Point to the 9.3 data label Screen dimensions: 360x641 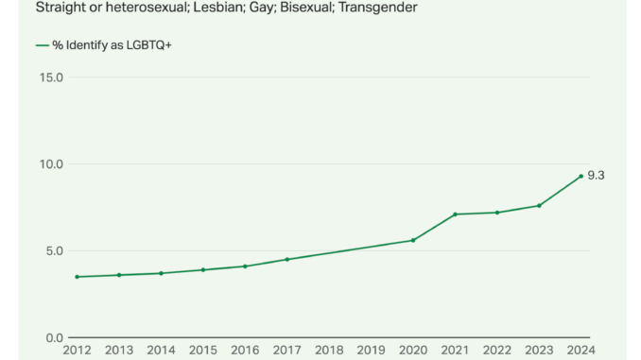pyautogui.click(x=596, y=176)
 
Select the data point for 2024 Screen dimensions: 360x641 pyautogui.click(x=580, y=176)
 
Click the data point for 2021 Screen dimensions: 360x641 pyautogui.click(x=455, y=214)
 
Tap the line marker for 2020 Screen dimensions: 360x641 pyautogui.click(x=413, y=240)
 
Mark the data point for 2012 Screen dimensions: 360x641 pyautogui.click(x=77, y=277)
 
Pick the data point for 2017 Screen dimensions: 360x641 pyautogui.click(x=286, y=259)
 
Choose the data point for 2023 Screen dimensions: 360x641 pyautogui.click(x=539, y=205)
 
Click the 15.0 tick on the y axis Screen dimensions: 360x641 pyautogui.click(x=50, y=77)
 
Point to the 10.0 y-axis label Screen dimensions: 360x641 pyautogui.click(x=50, y=164)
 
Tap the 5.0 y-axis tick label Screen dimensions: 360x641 pyautogui.click(x=53, y=251)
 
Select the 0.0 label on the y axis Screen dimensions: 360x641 pyautogui.click(x=53, y=338)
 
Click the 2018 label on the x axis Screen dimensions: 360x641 pyautogui.click(x=329, y=351)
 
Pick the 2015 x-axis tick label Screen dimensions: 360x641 pyautogui.click(x=202, y=351)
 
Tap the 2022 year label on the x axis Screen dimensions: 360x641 pyautogui.click(x=497, y=351)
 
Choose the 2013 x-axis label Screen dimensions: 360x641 pyautogui.click(x=118, y=351)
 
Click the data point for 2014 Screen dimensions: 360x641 pyautogui.click(x=161, y=273)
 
